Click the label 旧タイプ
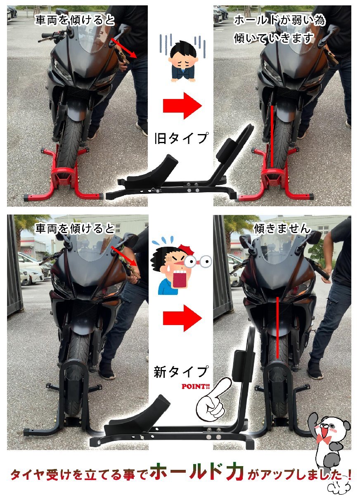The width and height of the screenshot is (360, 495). (181, 138)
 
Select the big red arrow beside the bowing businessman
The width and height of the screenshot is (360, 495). (182, 106)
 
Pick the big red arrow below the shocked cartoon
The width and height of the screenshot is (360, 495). (182, 318)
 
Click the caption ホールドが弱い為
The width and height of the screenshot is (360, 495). (280, 20)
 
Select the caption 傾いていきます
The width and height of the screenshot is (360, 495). (274, 38)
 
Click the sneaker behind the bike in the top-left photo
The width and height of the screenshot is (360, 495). (142, 128)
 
